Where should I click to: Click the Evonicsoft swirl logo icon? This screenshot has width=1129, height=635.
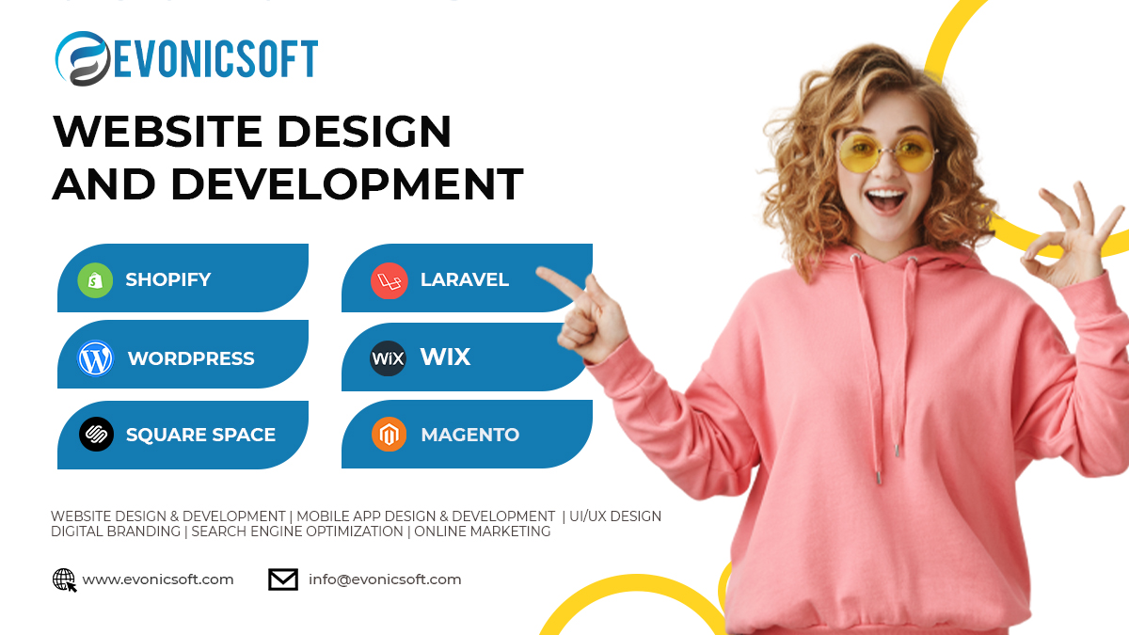point(83,58)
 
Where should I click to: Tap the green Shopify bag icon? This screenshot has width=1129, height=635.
point(95,279)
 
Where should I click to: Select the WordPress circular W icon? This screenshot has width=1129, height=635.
point(95,358)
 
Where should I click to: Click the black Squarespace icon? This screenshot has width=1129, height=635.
point(96,435)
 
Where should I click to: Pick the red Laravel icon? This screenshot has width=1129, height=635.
point(389,280)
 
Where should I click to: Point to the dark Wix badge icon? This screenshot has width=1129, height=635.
point(388,358)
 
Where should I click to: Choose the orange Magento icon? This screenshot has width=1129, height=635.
point(389,435)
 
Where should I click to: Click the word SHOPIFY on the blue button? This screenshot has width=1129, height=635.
point(167,279)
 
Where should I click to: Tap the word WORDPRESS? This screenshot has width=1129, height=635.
point(191,358)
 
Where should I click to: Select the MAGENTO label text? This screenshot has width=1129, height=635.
point(469,435)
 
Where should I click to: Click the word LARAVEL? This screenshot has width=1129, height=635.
point(464,279)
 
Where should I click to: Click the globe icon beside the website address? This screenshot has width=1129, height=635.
point(64,579)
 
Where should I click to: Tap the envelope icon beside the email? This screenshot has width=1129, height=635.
point(283,579)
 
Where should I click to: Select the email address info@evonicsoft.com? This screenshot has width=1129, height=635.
point(385,579)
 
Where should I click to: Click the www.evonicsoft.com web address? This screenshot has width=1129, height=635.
point(158,579)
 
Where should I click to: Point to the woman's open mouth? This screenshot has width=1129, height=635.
point(885,199)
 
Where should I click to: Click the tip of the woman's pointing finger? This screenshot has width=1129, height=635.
point(540,272)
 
